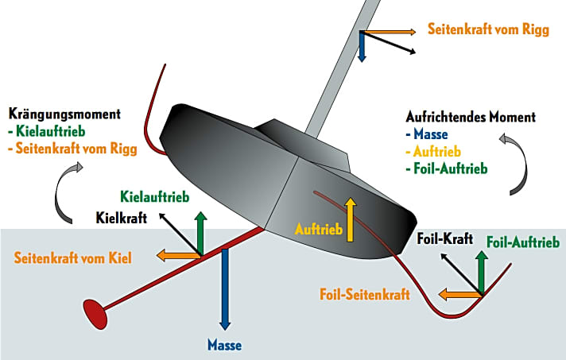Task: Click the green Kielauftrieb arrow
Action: [202, 233]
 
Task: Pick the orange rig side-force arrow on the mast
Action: [389, 32]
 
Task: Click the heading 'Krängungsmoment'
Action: [63, 114]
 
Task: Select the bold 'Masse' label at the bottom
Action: [224, 345]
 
